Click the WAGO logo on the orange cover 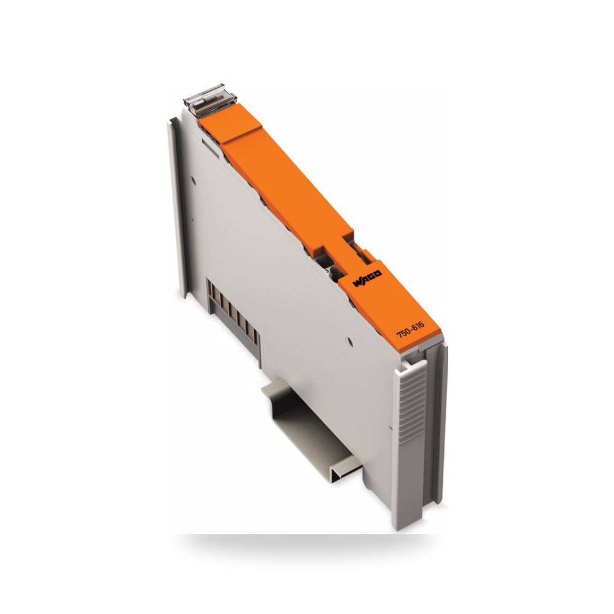(x=367, y=278)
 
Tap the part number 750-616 (x=410, y=330)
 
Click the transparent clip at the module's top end (x=210, y=100)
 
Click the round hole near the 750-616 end (x=350, y=342)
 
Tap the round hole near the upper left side (x=193, y=181)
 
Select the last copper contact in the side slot (x=255, y=336)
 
